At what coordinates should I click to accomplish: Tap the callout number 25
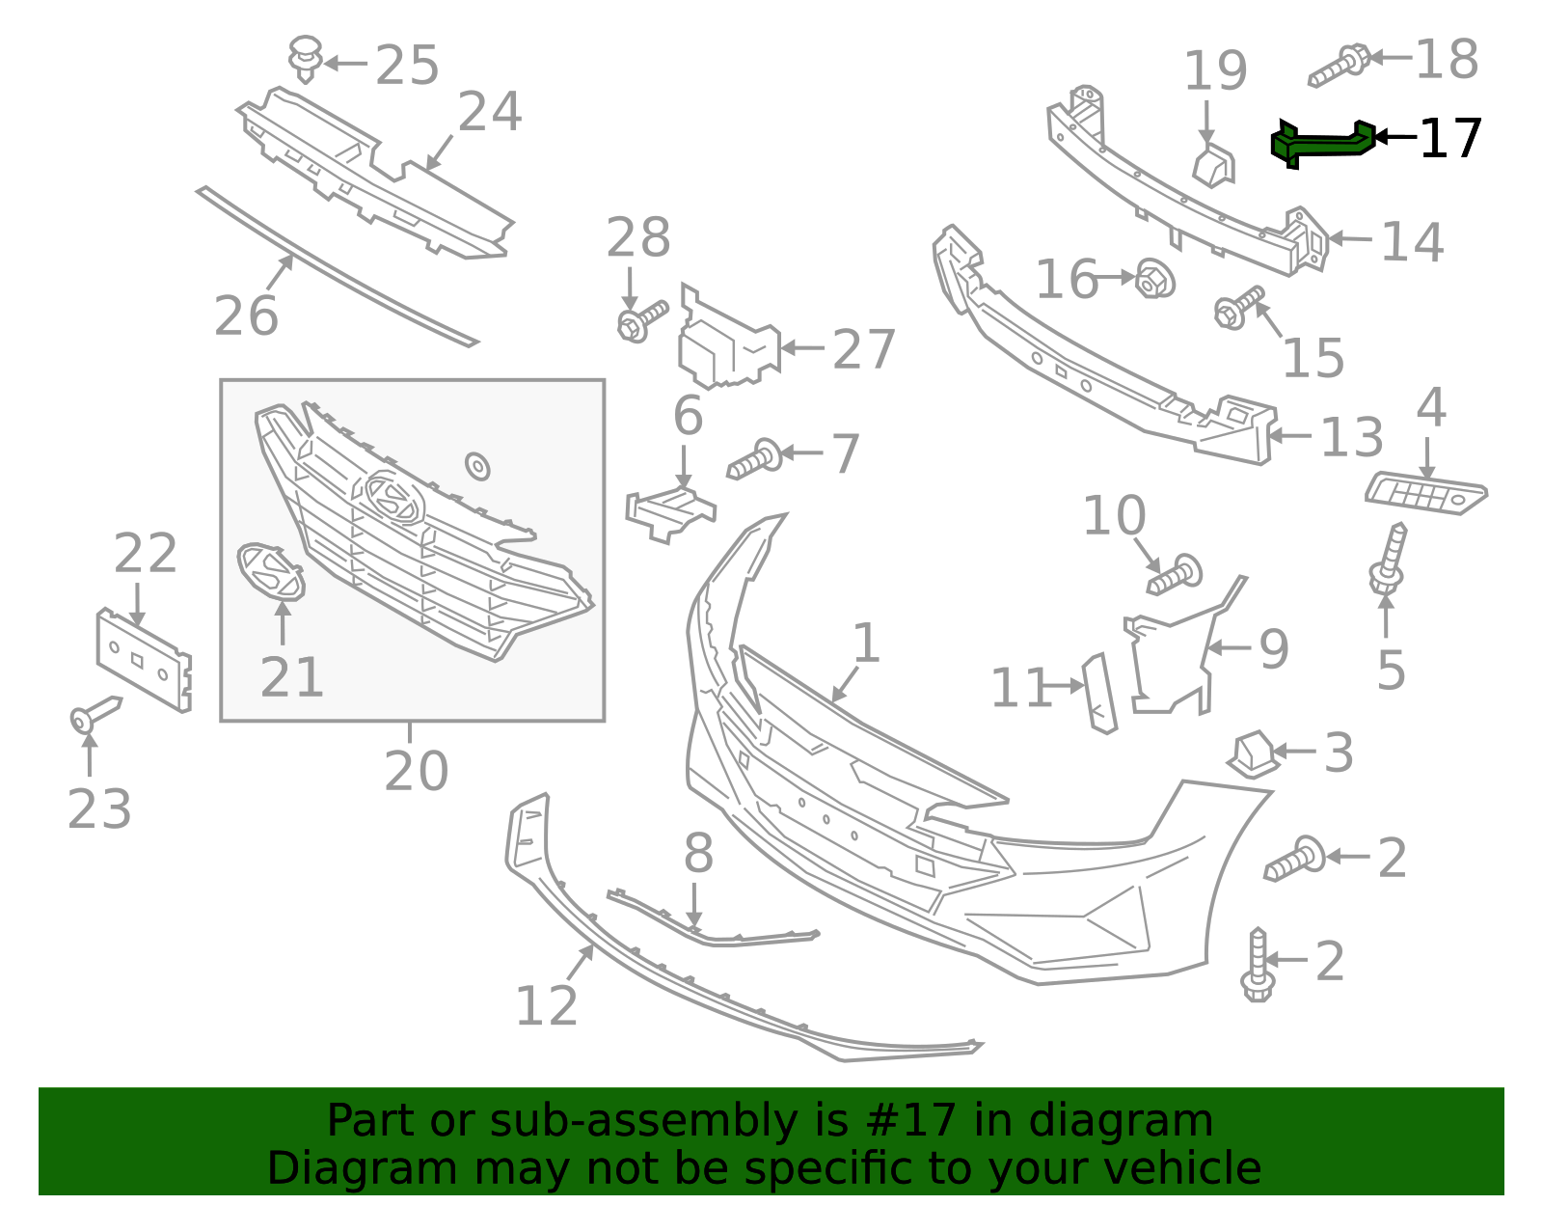(407, 66)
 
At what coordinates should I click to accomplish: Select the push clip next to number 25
(306, 58)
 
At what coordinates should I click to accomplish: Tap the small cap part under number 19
(1213, 166)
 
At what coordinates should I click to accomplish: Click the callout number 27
(864, 349)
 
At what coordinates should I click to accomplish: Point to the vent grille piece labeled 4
(1425, 493)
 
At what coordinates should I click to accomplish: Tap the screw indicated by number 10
(1175, 576)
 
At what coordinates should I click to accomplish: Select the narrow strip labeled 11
(1099, 693)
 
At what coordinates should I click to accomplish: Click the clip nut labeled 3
(1253, 753)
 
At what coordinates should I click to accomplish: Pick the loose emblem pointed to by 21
(270, 571)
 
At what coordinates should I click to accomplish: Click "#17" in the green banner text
(911, 1121)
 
